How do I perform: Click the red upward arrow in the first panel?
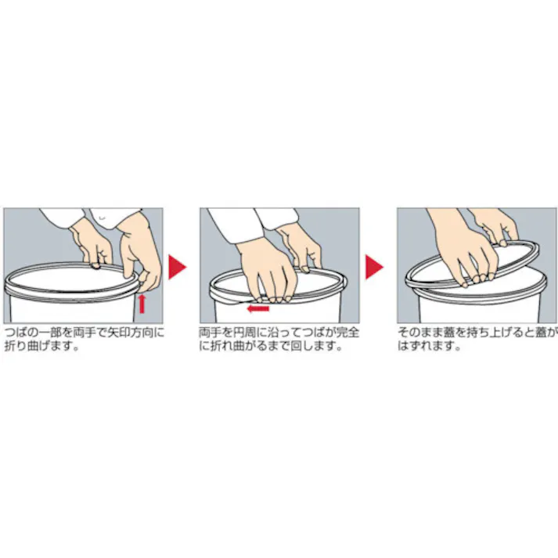pos(142,302)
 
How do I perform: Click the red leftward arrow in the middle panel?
pos(257,308)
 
